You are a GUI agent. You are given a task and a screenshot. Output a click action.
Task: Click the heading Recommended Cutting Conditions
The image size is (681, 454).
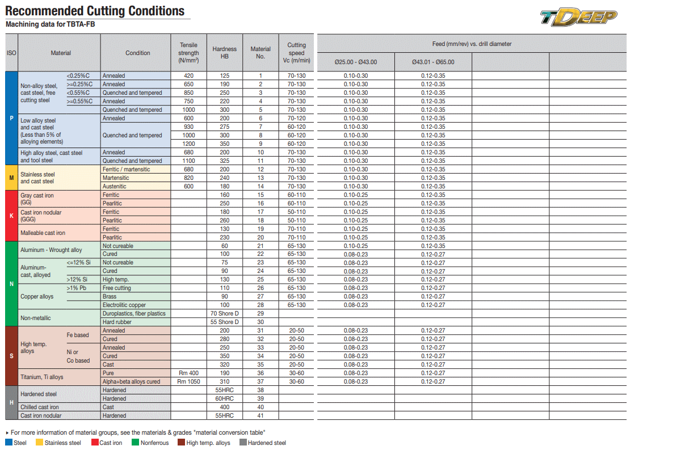click(x=95, y=11)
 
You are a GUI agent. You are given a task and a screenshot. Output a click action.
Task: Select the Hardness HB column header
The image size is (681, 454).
click(x=224, y=53)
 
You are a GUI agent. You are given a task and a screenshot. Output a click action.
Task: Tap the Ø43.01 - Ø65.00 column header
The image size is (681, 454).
click(x=433, y=62)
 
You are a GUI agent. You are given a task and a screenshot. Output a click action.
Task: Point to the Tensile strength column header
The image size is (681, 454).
click(x=188, y=53)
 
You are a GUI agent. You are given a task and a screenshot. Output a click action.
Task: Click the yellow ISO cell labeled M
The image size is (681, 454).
click(x=11, y=178)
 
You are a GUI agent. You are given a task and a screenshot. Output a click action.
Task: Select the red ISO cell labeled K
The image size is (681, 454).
click(x=11, y=216)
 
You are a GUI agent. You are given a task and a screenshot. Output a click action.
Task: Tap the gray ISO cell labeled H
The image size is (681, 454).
click(x=11, y=402)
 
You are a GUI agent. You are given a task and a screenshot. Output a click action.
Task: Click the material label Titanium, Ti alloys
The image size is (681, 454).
click(x=42, y=377)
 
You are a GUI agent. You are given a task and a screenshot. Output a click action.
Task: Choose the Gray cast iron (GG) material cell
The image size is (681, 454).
click(x=37, y=199)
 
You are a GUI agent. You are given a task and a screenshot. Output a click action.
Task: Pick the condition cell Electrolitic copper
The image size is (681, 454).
click(x=124, y=305)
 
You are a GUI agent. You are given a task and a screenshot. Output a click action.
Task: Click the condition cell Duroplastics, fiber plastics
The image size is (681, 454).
click(x=134, y=313)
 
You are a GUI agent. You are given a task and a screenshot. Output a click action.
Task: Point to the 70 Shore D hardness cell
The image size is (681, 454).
click(x=225, y=313)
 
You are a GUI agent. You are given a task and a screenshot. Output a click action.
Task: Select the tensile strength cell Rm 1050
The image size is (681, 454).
click(x=188, y=381)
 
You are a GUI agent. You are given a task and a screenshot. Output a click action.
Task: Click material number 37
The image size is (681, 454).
click(x=260, y=381)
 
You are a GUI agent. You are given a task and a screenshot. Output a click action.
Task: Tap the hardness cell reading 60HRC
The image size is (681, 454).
click(x=225, y=398)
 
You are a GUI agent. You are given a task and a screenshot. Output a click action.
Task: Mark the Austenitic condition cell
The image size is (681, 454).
click(x=115, y=186)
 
